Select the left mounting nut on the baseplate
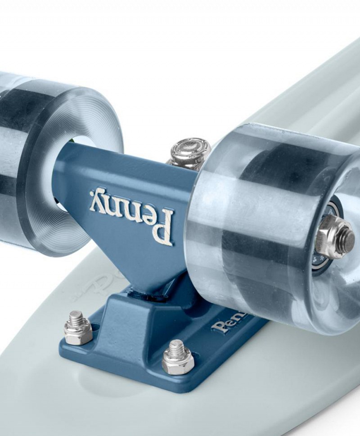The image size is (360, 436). pyautogui.click(x=78, y=329)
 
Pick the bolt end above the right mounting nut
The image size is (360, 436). pyautogui.click(x=176, y=347)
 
